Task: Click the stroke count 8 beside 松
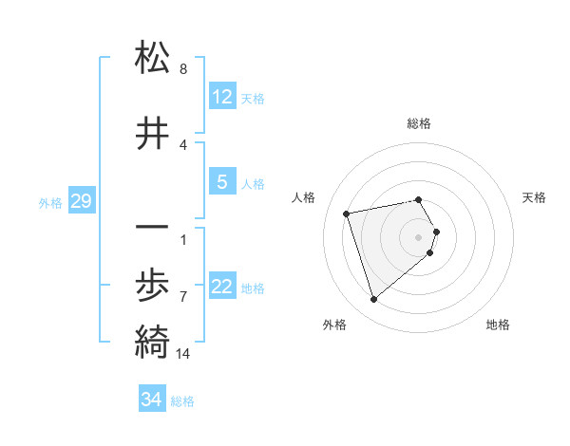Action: [183, 69]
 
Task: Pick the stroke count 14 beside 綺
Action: [183, 355]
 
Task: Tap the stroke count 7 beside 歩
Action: [183, 297]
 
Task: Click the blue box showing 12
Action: [222, 97]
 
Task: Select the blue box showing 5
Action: [222, 182]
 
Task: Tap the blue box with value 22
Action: [222, 288]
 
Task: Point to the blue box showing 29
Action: [81, 201]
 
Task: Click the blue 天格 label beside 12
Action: [253, 99]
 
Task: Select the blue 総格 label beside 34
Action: [182, 401]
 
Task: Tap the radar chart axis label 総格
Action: [419, 123]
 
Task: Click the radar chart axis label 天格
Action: [534, 197]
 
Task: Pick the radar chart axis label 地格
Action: [498, 325]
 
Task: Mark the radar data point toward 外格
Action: [373, 300]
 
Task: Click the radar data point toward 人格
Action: [347, 213]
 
